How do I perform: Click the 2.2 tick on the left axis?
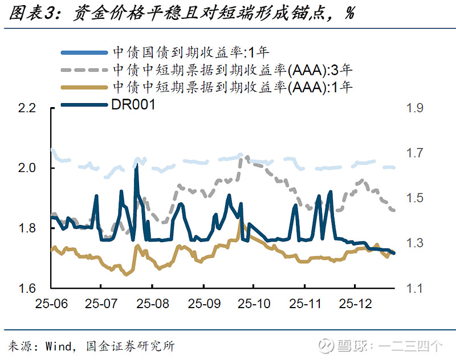click(x=26, y=108)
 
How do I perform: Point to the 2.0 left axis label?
click(x=26, y=169)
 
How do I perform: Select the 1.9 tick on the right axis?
click(x=415, y=108)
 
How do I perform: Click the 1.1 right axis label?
click(x=415, y=288)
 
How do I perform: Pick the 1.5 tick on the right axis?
click(x=415, y=198)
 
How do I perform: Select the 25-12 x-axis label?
click(x=355, y=302)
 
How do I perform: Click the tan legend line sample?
click(x=84, y=87)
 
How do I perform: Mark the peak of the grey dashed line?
click(x=242, y=156)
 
